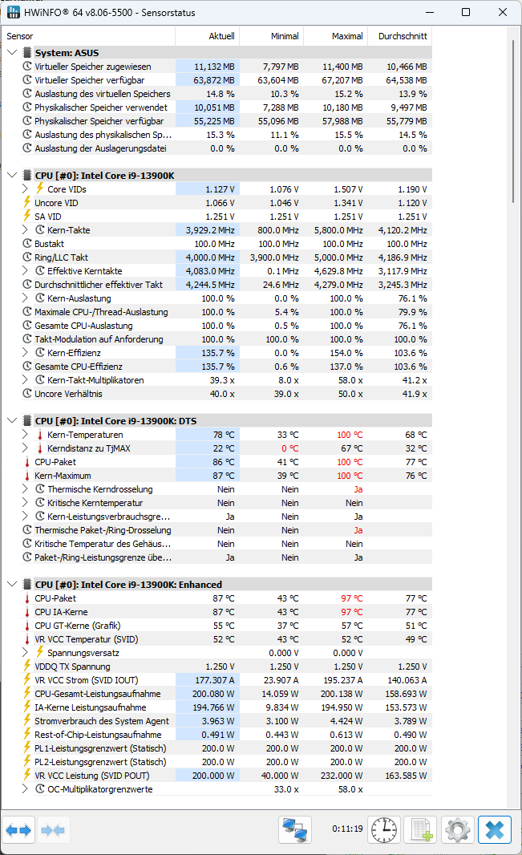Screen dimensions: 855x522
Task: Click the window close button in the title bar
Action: pyautogui.click(x=502, y=13)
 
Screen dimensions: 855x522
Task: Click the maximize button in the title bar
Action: pyautogui.click(x=466, y=13)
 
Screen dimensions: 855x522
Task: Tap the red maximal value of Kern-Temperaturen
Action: pyautogui.click(x=350, y=435)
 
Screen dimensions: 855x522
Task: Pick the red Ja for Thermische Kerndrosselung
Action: pyautogui.click(x=358, y=489)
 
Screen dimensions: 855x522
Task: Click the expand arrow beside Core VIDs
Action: pyautogui.click(x=25, y=189)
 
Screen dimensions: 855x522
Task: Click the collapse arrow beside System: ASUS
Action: pyautogui.click(x=12, y=53)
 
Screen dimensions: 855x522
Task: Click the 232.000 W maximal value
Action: pyautogui.click(x=340, y=776)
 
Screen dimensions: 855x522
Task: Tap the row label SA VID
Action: pyautogui.click(x=48, y=217)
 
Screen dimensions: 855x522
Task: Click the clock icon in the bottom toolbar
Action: pyautogui.click(x=384, y=829)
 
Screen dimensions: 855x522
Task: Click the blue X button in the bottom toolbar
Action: pyautogui.click(x=495, y=829)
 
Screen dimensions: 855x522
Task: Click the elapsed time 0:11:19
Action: pyautogui.click(x=347, y=829)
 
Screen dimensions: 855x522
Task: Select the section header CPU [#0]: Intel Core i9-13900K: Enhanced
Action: pyautogui.click(x=128, y=585)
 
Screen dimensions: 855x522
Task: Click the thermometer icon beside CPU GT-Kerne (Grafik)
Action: pyautogui.click(x=27, y=626)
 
